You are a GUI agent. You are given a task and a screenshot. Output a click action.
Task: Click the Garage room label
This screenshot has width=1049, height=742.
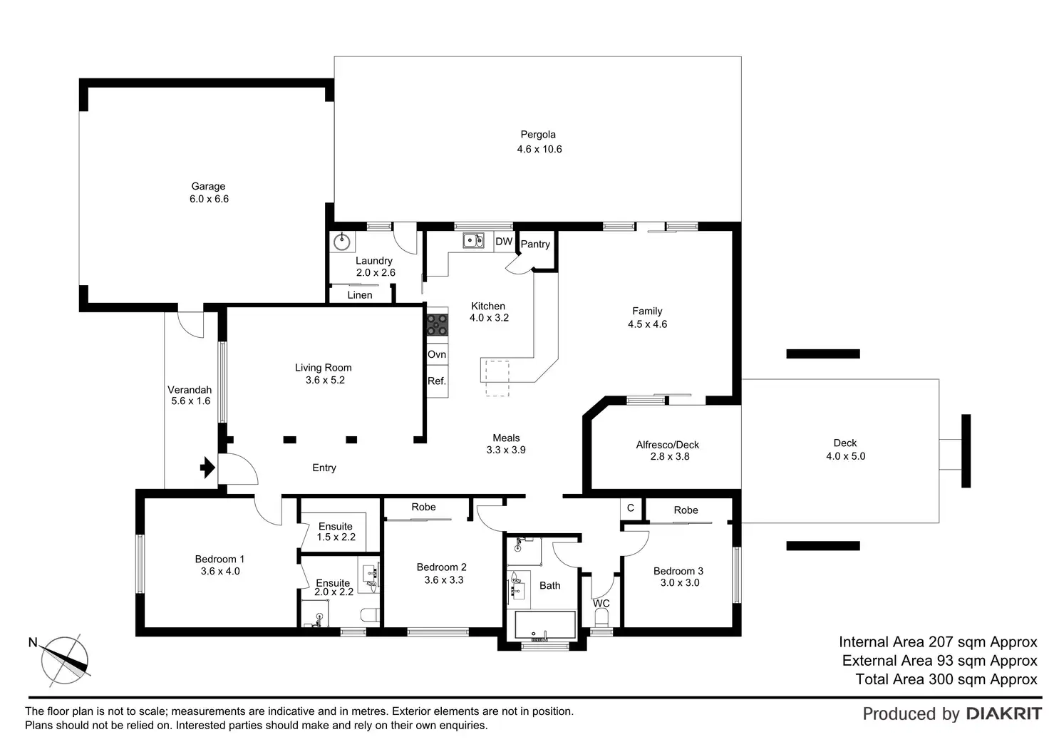(208, 187)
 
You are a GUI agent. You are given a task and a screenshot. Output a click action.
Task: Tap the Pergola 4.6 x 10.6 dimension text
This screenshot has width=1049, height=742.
(539, 149)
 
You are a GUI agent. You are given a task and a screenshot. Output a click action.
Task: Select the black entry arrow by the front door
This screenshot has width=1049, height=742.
(207, 468)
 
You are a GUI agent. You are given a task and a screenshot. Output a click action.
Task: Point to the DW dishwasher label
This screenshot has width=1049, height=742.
(504, 242)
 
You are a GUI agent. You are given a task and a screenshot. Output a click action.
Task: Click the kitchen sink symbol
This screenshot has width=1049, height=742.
(473, 241)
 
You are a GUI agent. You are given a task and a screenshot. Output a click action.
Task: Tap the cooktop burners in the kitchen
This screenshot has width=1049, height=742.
(437, 325)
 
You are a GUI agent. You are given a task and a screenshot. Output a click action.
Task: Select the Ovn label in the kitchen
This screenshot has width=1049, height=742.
(437, 354)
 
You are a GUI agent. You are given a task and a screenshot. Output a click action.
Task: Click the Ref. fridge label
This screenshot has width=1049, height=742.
(437, 381)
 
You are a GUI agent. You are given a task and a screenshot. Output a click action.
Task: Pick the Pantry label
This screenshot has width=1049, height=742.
(535, 244)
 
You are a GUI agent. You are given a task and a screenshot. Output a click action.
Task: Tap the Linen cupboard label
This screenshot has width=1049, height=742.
(360, 295)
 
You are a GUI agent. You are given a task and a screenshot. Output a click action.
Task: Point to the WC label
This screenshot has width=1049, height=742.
(601, 603)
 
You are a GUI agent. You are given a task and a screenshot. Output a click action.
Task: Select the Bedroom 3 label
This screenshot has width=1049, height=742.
(678, 571)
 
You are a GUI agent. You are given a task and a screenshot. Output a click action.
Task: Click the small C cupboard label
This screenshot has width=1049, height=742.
(630, 508)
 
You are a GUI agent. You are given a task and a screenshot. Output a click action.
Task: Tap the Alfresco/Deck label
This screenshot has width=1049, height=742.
(668, 445)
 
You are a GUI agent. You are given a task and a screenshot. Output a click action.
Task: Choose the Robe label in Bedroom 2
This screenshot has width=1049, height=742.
(423, 507)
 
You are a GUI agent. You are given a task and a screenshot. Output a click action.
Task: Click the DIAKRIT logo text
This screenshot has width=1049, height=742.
(1004, 713)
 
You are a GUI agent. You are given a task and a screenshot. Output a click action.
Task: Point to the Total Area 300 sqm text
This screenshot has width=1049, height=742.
(946, 679)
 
